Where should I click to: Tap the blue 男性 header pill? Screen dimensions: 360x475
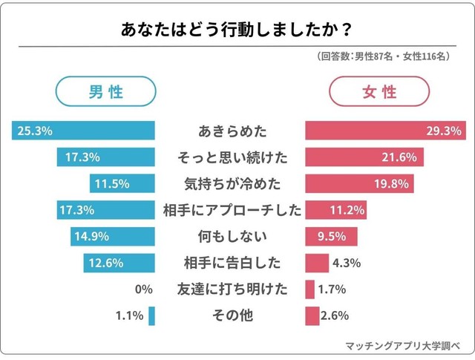click(106, 92)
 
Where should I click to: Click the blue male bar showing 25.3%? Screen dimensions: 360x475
click(83, 131)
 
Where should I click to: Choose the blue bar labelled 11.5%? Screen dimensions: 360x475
click(122, 183)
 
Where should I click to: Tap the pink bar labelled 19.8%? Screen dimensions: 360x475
click(358, 183)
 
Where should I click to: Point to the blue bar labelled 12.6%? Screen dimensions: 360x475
click(119, 263)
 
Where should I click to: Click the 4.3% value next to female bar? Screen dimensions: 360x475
click(347, 263)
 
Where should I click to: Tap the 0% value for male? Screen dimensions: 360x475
click(144, 289)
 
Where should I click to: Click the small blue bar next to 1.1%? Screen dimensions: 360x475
click(151, 315)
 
